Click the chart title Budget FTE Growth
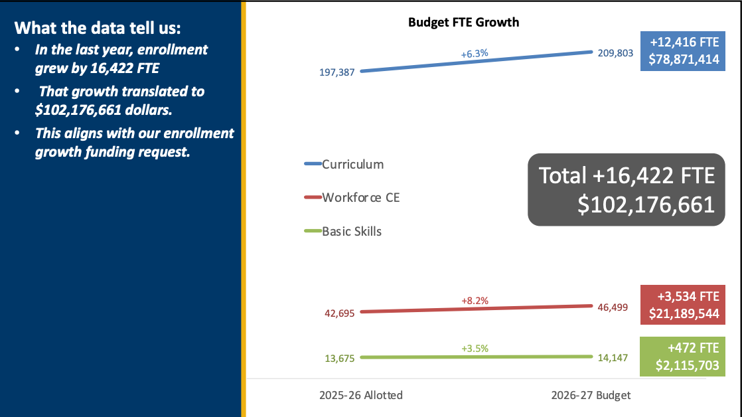pyautogui.click(x=463, y=23)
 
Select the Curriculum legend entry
pyautogui.click(x=352, y=164)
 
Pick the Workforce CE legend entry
pyautogui.click(x=360, y=197)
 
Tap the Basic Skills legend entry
pyautogui.click(x=352, y=231)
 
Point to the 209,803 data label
pyautogui.click(x=615, y=53)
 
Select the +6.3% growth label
pyautogui.click(x=475, y=53)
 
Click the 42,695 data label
pyautogui.click(x=340, y=313)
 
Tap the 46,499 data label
pyautogui.click(x=612, y=307)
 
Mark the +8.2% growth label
pyautogui.click(x=475, y=301)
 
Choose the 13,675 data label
pyautogui.click(x=340, y=359)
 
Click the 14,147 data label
pyautogui.click(x=612, y=357)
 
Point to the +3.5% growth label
pyautogui.click(x=475, y=348)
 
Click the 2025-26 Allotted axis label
pyautogui.click(x=360, y=395)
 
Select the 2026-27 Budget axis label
pyautogui.click(x=591, y=395)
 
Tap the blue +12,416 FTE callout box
pyautogui.click(x=681, y=51)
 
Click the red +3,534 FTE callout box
pyautogui.click(x=681, y=305)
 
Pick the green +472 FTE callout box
pyautogui.click(x=681, y=357)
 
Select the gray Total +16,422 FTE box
pyautogui.click(x=626, y=190)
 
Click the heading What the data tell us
pyautogui.click(x=97, y=29)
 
